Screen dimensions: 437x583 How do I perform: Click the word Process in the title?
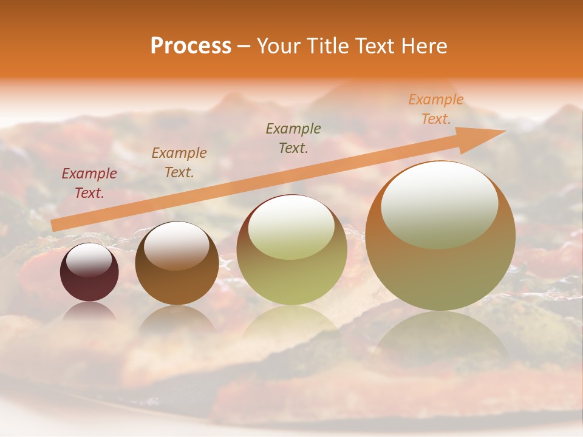[x=191, y=46]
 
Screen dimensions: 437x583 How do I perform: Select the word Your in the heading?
[x=280, y=46]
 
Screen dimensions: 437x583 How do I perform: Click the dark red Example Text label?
[x=89, y=183]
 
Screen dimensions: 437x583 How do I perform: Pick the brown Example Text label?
[x=179, y=163]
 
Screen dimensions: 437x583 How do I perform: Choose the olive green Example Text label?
[x=293, y=138]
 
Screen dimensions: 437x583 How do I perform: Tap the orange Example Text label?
[x=435, y=109]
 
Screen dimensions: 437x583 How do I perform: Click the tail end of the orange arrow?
[x=56, y=225]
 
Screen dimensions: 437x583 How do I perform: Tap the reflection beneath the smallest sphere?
[x=89, y=312]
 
